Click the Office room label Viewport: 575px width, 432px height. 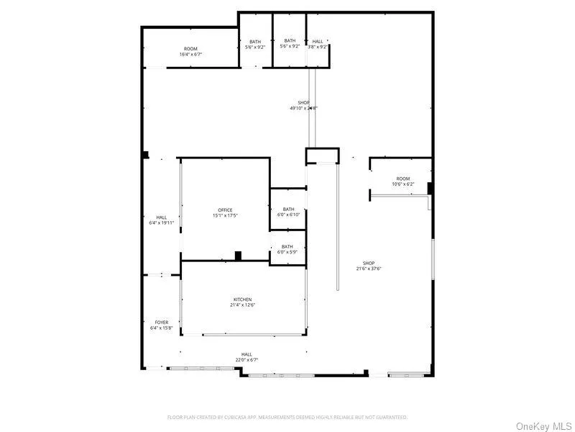tap(225, 210)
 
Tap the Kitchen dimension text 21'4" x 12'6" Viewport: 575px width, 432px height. tap(242, 305)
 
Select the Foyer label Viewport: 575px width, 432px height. tap(162, 322)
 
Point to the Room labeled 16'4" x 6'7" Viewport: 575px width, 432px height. tap(190, 51)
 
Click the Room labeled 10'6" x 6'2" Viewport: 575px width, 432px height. tap(402, 181)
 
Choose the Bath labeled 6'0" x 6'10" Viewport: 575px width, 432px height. tap(288, 212)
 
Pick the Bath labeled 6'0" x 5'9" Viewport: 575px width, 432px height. tap(287, 249)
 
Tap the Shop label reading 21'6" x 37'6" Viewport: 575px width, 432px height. tap(369, 266)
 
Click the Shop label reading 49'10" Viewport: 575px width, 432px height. tap(303, 105)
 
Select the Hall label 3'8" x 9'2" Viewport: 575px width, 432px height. tap(318, 44)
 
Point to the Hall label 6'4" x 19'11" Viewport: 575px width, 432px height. tap(162, 220)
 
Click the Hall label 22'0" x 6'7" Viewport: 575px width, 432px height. tap(247, 357)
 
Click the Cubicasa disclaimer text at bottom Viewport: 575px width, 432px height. tap(287, 417)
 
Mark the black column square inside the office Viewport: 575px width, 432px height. tap(238, 255)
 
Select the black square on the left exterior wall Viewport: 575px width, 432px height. tap(145, 154)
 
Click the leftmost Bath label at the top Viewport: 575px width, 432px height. tap(255, 44)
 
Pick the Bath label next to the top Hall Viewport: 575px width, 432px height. tap(290, 44)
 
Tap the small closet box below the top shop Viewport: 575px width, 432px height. tap(321, 156)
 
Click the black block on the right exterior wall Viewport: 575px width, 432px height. tap(430, 189)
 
